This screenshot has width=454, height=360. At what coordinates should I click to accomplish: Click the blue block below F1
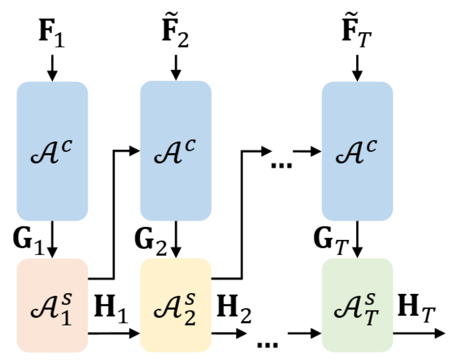(52, 151)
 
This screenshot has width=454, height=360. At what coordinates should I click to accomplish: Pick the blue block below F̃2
(176, 151)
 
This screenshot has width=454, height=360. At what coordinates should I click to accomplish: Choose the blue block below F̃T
(357, 151)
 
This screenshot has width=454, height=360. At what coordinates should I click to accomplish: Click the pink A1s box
(52, 305)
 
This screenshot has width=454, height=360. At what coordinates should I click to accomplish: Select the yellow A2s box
(176, 305)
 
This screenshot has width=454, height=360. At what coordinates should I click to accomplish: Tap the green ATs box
(357, 305)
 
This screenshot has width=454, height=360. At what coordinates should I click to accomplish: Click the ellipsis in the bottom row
(267, 345)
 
